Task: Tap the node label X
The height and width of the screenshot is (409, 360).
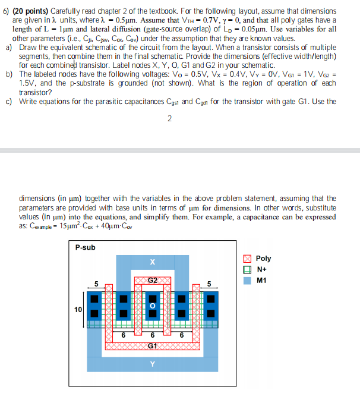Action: (153, 262)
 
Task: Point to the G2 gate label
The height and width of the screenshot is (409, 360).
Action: (153, 279)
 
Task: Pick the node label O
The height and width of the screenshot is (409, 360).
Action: (153, 306)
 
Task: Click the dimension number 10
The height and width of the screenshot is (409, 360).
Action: (78, 309)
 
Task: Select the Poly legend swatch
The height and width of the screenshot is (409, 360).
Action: (248, 259)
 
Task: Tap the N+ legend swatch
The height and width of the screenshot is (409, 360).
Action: (248, 269)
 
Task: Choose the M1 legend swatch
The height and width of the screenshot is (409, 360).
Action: (248, 281)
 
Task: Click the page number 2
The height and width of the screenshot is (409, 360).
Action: (170, 119)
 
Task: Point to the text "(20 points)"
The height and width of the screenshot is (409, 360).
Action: (31, 11)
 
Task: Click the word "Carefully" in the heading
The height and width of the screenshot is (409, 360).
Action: (67, 11)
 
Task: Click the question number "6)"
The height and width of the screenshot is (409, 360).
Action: (7, 11)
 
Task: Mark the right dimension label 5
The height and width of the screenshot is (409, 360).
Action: (209, 284)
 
